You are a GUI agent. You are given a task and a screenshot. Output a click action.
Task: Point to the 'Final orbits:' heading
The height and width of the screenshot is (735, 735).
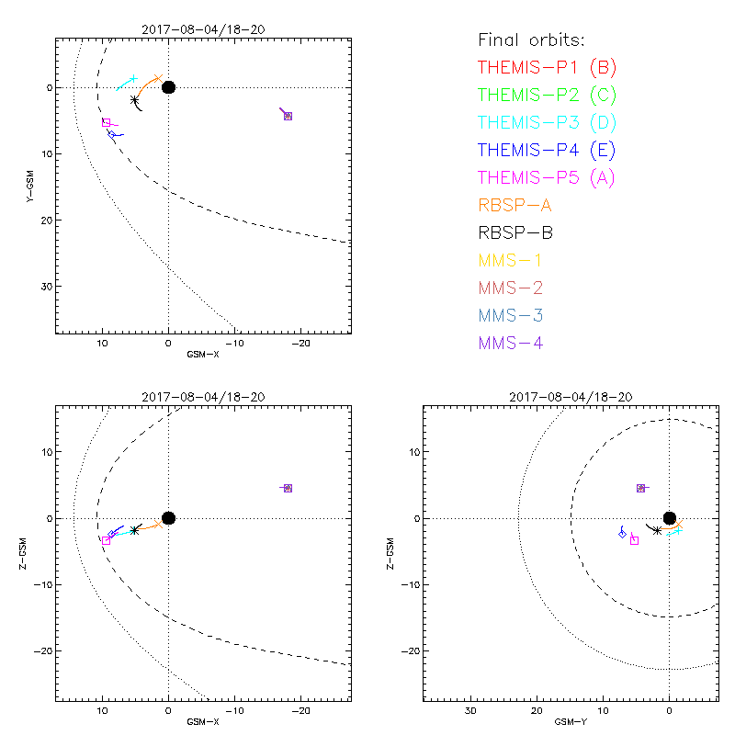[531, 40]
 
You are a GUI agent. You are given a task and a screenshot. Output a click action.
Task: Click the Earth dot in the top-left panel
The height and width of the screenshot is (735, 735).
[168, 87]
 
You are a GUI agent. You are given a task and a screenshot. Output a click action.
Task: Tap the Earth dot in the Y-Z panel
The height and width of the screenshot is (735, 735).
[670, 518]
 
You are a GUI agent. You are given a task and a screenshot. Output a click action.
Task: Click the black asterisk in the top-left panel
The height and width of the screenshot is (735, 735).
[135, 99]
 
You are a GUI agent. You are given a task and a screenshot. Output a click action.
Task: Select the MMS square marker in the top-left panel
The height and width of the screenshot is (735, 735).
[288, 116]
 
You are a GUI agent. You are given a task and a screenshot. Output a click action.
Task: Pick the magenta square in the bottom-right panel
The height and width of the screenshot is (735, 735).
[634, 540]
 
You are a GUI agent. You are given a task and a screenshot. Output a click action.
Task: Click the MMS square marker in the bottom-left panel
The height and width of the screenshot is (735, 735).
[288, 488]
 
